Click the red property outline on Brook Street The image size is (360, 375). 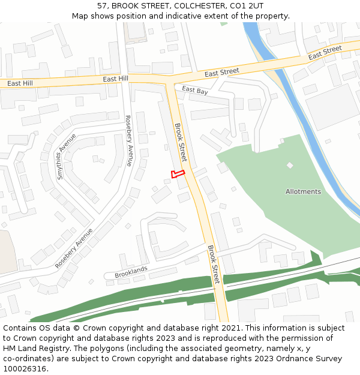click(x=177, y=174)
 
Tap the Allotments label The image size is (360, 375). click(x=303, y=192)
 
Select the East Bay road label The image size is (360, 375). click(x=195, y=91)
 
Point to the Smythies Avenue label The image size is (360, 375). click(x=66, y=156)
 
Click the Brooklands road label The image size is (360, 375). click(x=130, y=272)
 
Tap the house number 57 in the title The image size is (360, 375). click(x=102, y=5)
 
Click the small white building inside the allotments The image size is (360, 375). click(x=290, y=165)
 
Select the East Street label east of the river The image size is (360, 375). click(x=325, y=52)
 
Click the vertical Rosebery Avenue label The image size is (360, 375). click(x=128, y=141)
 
